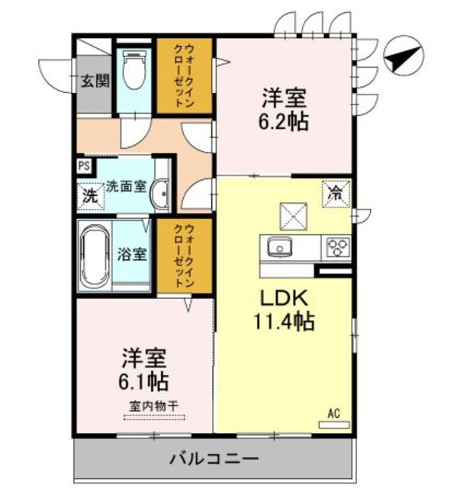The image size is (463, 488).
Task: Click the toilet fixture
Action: pyautogui.click(x=134, y=70)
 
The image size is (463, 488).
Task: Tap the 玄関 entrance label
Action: pyautogui.click(x=95, y=81)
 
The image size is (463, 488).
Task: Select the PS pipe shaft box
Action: pyautogui.click(x=84, y=165)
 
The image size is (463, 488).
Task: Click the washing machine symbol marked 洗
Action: pyautogui.click(x=90, y=196)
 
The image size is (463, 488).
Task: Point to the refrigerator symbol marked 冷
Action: pyautogui.click(x=336, y=194)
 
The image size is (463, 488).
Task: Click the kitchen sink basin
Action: pyautogui.click(x=280, y=247)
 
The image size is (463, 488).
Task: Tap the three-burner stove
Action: pyautogui.click(x=338, y=247)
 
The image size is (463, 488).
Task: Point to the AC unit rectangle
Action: pyautogui.click(x=334, y=425)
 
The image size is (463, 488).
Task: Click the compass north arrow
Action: pyautogui.click(x=404, y=56)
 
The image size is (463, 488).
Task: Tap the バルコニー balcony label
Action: pyautogui.click(x=214, y=459)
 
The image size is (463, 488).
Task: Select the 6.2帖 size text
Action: pyautogui.click(x=283, y=120)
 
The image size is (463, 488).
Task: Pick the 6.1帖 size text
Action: pyautogui.click(x=143, y=381)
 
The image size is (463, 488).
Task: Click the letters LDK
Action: pyautogui.click(x=284, y=298)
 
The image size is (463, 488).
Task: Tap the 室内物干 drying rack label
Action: pyautogui.click(x=154, y=406)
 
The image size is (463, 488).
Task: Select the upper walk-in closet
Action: pyautogui.click(x=185, y=76)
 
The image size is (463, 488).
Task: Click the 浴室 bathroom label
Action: pyautogui.click(x=132, y=254)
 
